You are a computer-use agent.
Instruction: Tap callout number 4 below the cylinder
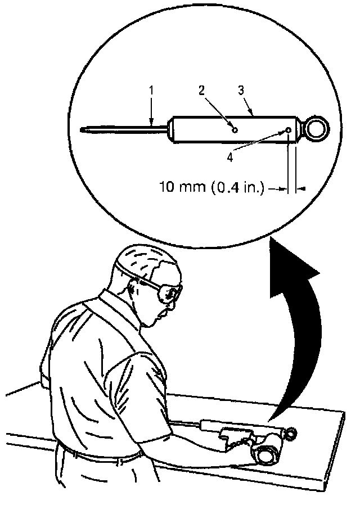[229, 157]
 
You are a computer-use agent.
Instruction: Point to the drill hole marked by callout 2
[236, 130]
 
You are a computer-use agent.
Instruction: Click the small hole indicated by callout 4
[289, 130]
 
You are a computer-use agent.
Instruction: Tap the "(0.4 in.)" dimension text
[237, 188]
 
